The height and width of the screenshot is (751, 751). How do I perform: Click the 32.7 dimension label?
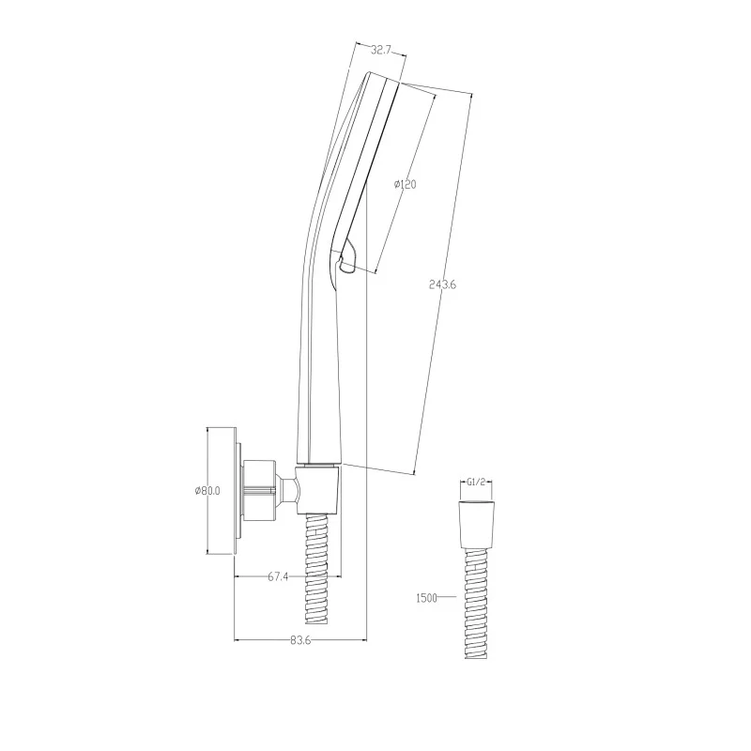[381, 50]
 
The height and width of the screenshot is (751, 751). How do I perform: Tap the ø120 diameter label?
[405, 184]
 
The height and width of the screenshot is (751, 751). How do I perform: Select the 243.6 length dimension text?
[442, 284]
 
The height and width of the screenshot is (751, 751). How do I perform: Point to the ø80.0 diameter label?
[207, 490]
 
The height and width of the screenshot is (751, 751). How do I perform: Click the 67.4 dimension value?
[278, 576]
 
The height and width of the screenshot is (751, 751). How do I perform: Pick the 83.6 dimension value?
[300, 640]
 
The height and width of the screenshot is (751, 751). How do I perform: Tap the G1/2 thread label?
[476, 482]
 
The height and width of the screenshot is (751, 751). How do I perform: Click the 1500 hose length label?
[426, 598]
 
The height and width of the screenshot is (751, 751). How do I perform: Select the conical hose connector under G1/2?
[476, 525]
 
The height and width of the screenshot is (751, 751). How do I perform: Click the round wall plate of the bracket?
[238, 498]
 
